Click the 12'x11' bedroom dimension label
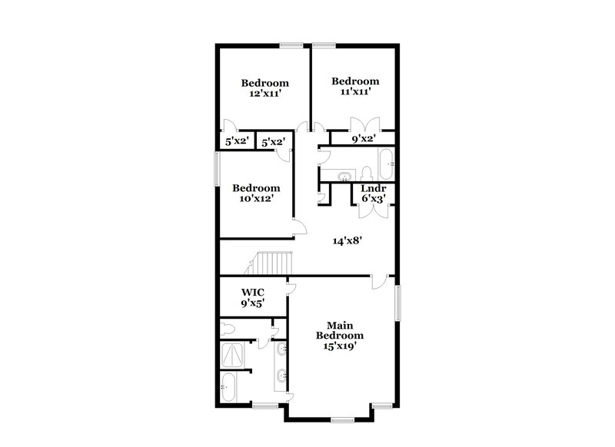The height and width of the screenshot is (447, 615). (x=264, y=94)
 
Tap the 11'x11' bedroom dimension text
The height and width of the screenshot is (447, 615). (x=355, y=91)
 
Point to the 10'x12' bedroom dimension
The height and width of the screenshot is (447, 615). (x=256, y=198)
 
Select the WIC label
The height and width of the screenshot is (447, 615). (x=254, y=292)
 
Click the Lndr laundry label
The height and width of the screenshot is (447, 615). (x=373, y=189)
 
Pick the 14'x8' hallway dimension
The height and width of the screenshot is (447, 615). (x=347, y=240)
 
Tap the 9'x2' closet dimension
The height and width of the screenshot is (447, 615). (x=364, y=139)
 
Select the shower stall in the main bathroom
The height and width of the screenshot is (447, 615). (x=231, y=355)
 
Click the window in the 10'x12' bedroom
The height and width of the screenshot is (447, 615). (x=217, y=168)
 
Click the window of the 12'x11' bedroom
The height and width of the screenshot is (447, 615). (x=291, y=46)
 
